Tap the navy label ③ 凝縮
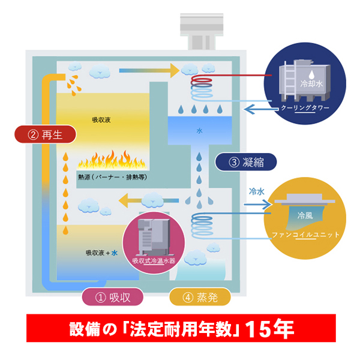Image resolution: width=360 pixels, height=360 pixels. (x=245, y=161)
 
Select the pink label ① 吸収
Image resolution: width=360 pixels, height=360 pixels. (x=112, y=296)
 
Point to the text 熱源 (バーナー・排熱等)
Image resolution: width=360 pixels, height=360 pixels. (x=112, y=178)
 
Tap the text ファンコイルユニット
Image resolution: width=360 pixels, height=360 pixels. (x=307, y=234)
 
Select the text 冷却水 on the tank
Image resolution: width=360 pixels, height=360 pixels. (x=313, y=85)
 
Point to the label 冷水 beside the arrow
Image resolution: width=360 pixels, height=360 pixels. (x=257, y=193)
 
